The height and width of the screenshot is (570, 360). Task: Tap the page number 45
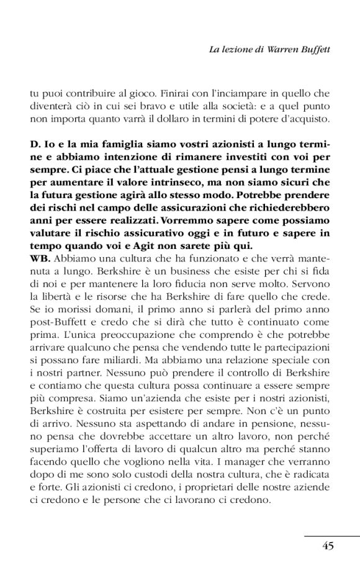(328, 546)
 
